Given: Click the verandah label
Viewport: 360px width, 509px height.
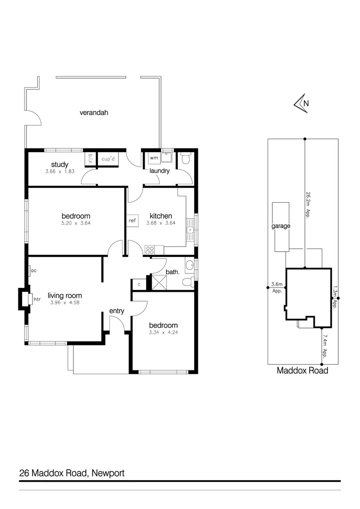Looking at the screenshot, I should [x=94, y=113].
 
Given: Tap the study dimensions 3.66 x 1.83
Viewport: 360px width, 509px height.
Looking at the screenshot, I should [x=60, y=172].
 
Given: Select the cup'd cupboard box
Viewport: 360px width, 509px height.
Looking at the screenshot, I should [x=108, y=159].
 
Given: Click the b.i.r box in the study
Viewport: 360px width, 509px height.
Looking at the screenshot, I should [x=89, y=159].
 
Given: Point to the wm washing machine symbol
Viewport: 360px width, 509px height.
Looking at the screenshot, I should [x=154, y=158].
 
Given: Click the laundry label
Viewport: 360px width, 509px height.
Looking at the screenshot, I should [x=159, y=171].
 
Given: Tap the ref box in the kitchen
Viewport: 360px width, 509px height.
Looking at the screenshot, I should [x=132, y=221].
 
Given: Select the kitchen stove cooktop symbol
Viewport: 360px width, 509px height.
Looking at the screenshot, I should [x=150, y=250].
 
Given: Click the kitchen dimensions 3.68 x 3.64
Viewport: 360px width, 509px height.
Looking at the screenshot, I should [x=161, y=223].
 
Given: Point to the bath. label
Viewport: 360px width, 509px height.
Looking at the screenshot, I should [x=172, y=272].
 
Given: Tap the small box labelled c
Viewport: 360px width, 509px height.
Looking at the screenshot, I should [x=139, y=285].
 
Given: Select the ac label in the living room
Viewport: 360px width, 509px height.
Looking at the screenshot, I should [x=34, y=271].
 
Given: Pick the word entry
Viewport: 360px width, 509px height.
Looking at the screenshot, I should [x=116, y=311].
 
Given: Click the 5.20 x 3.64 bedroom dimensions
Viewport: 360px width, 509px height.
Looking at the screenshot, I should [x=75, y=223].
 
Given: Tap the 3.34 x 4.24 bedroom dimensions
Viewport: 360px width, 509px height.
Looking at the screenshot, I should [x=164, y=333].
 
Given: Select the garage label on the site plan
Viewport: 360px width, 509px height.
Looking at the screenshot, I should [x=280, y=226].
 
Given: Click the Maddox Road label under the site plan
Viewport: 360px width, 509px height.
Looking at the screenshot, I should [x=302, y=370].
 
